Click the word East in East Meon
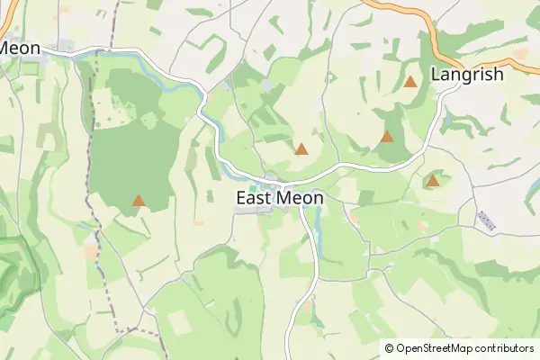pos(256,197)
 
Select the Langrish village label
pos(467,75)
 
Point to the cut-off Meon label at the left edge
pos(18,47)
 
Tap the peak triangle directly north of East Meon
pos(301,149)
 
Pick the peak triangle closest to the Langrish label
pos(410,82)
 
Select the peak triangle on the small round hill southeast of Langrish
pos(433,181)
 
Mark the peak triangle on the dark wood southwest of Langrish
pos(387,137)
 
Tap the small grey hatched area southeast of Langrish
pos(485,220)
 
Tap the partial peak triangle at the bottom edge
pos(237,358)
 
